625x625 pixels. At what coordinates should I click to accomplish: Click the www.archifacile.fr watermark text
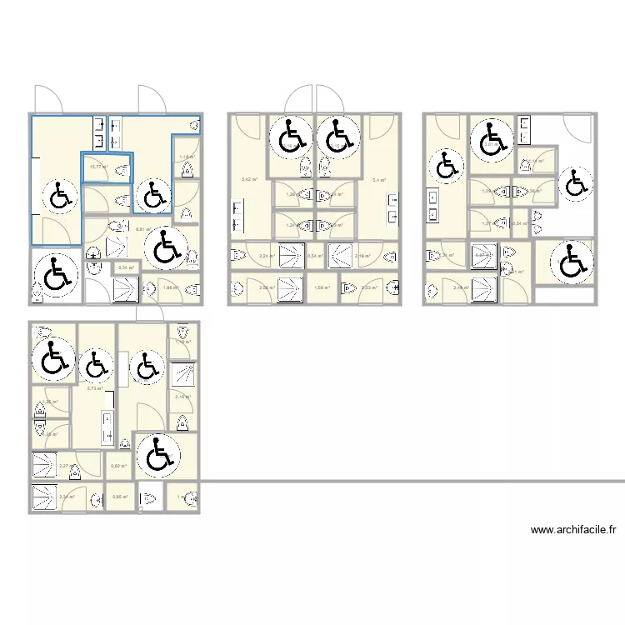tap(572, 529)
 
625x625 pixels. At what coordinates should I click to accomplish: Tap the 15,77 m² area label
tap(97, 167)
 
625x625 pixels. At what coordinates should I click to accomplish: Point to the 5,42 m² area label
tap(249, 180)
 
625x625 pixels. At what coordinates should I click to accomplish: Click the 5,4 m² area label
tap(378, 180)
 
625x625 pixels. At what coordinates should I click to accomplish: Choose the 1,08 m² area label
tap(322, 288)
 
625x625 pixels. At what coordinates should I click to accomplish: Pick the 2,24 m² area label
tap(267, 256)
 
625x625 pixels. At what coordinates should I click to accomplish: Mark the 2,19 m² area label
tap(362, 256)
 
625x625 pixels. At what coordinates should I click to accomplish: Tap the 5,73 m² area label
tap(95, 388)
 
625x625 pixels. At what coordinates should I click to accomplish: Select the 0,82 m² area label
tap(117, 466)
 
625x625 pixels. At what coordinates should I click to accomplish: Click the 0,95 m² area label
tap(119, 497)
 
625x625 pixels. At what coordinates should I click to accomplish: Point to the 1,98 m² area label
tap(171, 288)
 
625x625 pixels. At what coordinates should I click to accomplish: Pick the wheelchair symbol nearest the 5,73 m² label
tap(96, 363)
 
